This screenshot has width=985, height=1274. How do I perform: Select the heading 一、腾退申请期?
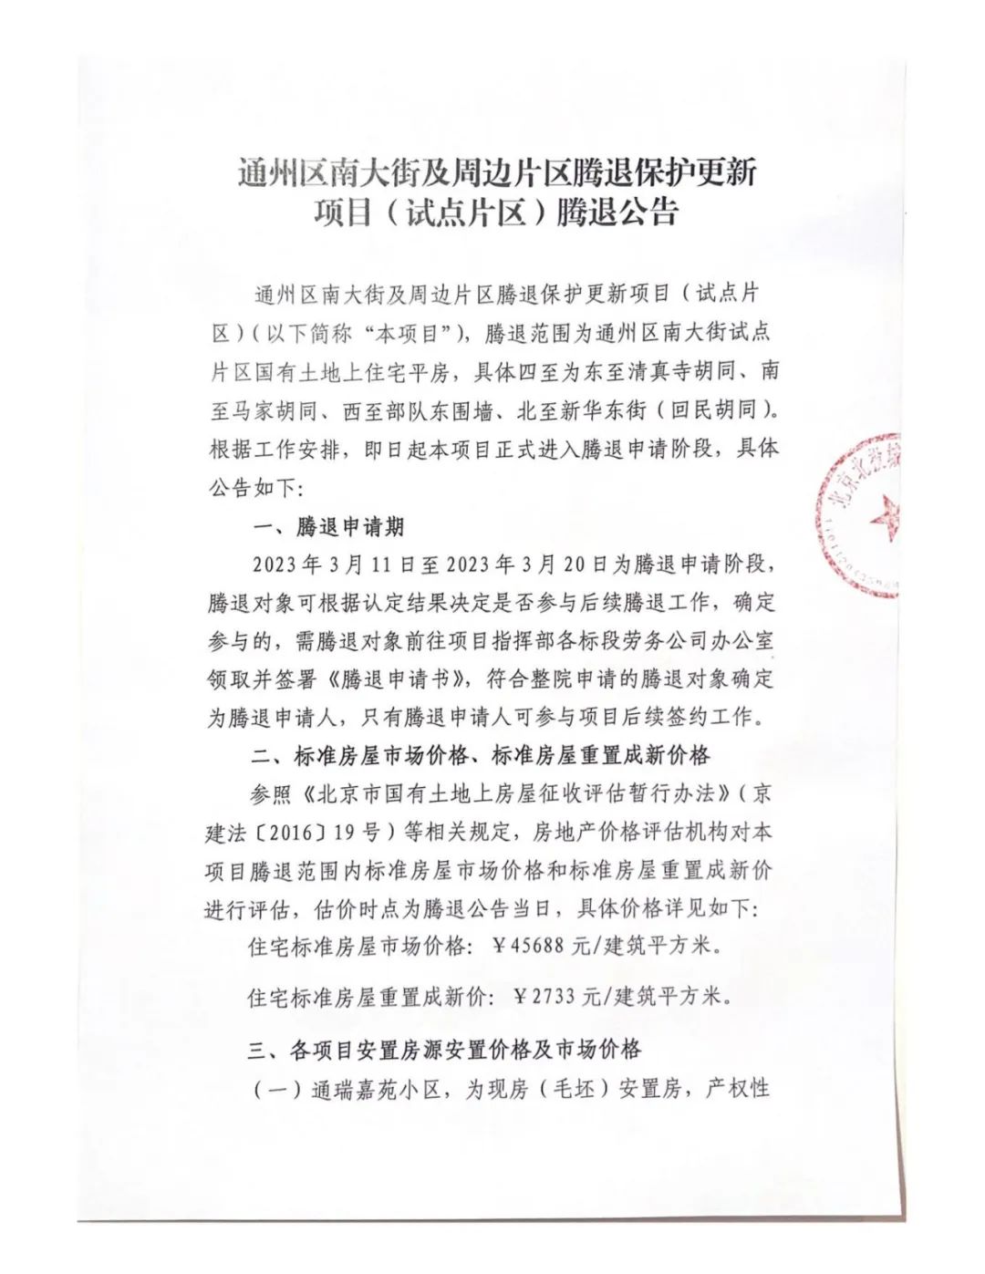(x=327, y=527)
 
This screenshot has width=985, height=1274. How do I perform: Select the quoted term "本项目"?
(x=417, y=333)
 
